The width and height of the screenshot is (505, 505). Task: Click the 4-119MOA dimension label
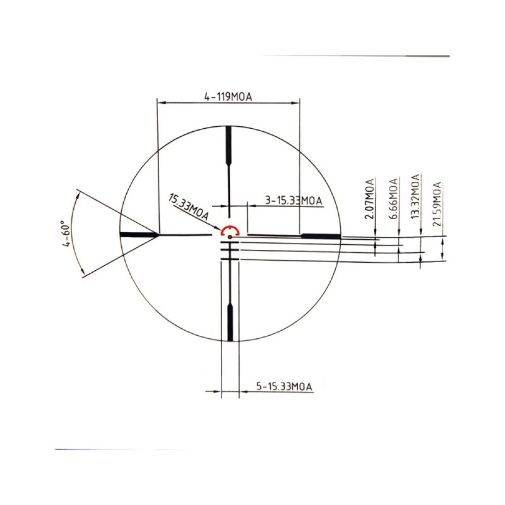pos(228,96)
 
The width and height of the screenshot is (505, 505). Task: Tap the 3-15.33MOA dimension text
pos(293,201)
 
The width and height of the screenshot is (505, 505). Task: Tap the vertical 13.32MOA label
pos(415,196)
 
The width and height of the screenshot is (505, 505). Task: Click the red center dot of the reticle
pos(229,236)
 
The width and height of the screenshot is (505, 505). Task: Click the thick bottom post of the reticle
pos(230,323)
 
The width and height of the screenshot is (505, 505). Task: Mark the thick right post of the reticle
pos(321,236)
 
